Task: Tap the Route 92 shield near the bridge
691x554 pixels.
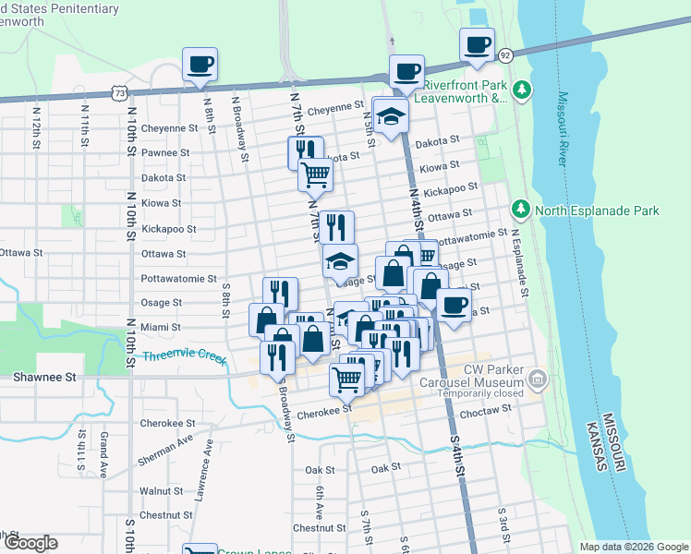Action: click(504, 55)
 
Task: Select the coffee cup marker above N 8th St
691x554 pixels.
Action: click(200, 65)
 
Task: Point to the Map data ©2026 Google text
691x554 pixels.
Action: click(633, 547)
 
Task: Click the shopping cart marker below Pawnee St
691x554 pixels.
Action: click(316, 173)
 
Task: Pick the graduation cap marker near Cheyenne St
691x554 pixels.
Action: click(392, 116)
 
